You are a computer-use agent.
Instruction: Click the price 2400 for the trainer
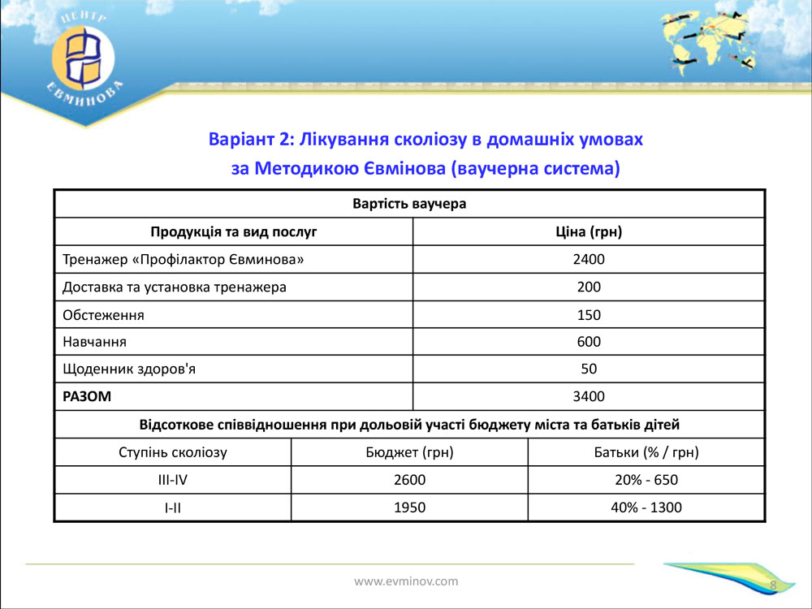pos(589,261)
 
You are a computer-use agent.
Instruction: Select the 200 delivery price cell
pos(589,287)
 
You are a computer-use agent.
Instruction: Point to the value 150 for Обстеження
pos(589,315)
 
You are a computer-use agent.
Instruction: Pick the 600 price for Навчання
pos(589,342)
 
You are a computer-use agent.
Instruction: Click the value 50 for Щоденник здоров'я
pos(589,369)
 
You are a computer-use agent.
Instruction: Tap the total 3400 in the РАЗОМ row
pos(589,396)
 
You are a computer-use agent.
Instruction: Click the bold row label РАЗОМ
pos(87,396)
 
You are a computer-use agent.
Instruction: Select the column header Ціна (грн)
pos(589,232)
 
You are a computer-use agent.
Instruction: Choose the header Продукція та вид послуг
pos(233,232)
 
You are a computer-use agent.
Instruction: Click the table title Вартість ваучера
pos(409,204)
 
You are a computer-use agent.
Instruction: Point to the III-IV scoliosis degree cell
pos(172,480)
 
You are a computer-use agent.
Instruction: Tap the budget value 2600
pos(409,480)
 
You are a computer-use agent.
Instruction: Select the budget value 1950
pos(409,508)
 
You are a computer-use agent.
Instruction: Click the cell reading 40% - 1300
pos(646,508)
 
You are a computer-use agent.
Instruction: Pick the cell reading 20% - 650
pos(646,480)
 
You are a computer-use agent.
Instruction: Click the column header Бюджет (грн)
pos(409,452)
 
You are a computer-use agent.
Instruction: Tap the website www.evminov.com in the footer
pos(406,581)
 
